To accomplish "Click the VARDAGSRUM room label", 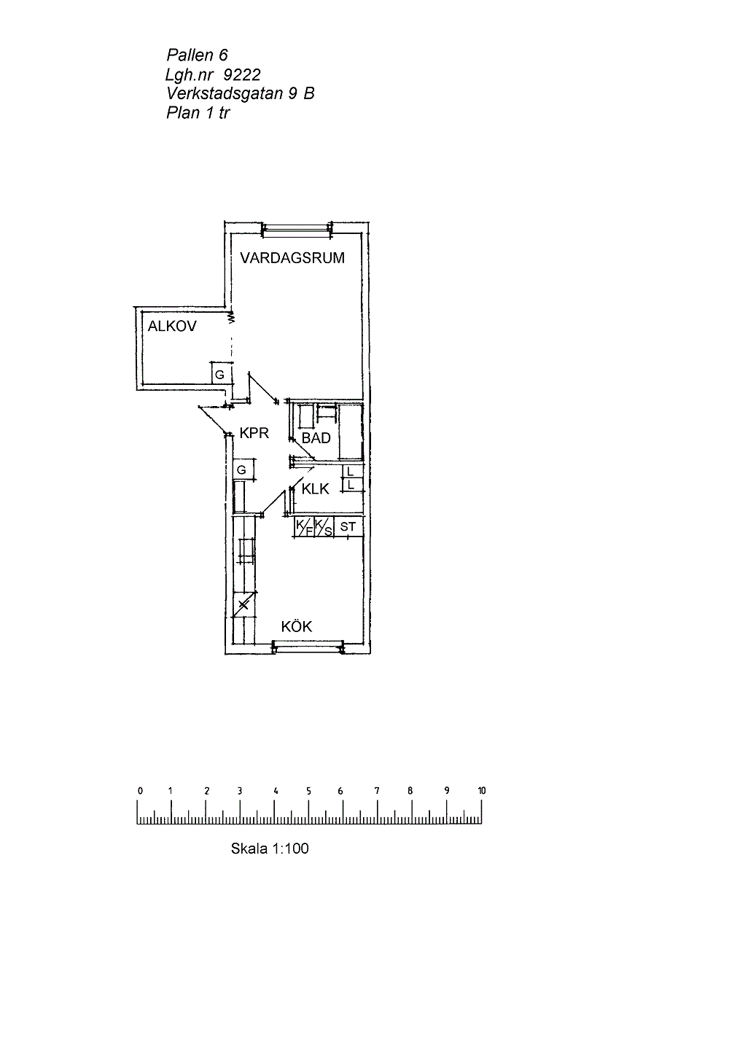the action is pos(292,258).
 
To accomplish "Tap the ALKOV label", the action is pos(172,327).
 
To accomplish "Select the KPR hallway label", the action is pos(254,433).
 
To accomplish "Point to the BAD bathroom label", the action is pos(316,438).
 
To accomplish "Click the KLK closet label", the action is pos(316,489).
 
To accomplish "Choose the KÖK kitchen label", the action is pos(297,626).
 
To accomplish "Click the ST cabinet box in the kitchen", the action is pos(348,526).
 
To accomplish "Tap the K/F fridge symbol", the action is pos(305,527).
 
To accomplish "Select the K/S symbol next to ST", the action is pos(324,527).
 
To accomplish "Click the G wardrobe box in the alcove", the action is pos(221,373).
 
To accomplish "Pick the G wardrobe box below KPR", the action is pos(243,470).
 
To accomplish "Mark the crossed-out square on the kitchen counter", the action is pos(244,604).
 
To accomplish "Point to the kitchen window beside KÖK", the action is pos(308,647).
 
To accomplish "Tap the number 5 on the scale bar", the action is pos(308,791).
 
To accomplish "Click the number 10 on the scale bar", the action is pos(481,790).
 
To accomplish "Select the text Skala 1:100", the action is pos(270,849).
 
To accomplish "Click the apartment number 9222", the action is pos(242,75).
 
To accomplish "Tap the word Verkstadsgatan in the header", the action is pos(225,94).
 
